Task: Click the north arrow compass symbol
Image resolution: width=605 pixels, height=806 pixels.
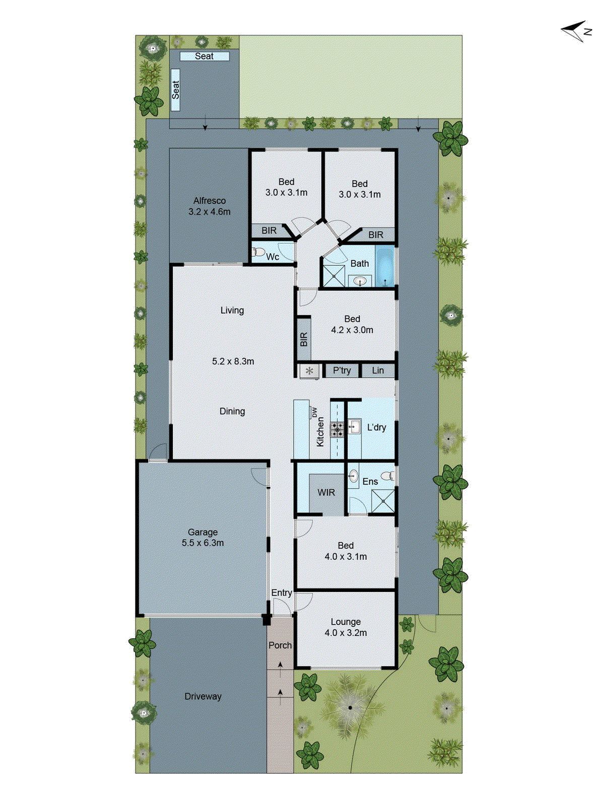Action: pyautogui.click(x=576, y=31)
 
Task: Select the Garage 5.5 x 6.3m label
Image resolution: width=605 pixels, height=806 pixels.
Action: pyautogui.click(x=203, y=538)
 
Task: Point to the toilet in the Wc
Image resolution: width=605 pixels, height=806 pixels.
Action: pyautogui.click(x=258, y=251)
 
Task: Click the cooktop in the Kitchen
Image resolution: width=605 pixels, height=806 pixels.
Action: pyautogui.click(x=337, y=429)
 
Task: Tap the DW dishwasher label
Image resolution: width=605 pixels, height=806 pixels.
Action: pyautogui.click(x=315, y=412)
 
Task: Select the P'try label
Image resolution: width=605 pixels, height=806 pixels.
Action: pyautogui.click(x=342, y=371)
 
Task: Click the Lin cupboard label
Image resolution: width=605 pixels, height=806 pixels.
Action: pyautogui.click(x=378, y=371)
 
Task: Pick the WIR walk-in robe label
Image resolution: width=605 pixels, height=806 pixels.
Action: pyautogui.click(x=326, y=493)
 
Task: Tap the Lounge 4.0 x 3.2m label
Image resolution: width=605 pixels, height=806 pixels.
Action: pyautogui.click(x=346, y=627)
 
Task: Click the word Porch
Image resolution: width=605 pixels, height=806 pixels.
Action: pyautogui.click(x=280, y=645)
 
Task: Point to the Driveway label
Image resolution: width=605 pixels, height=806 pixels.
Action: pyautogui.click(x=203, y=697)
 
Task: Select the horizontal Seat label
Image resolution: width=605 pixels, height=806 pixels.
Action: pyautogui.click(x=204, y=56)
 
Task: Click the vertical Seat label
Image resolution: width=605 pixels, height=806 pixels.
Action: pyautogui.click(x=175, y=90)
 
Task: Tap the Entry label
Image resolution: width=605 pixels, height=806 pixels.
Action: pyautogui.click(x=282, y=593)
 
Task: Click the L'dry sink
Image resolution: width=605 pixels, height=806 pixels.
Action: pyautogui.click(x=354, y=427)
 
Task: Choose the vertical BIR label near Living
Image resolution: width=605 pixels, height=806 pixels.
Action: pyautogui.click(x=303, y=340)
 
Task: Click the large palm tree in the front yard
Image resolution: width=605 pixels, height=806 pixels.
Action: pyautogui.click(x=350, y=707)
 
